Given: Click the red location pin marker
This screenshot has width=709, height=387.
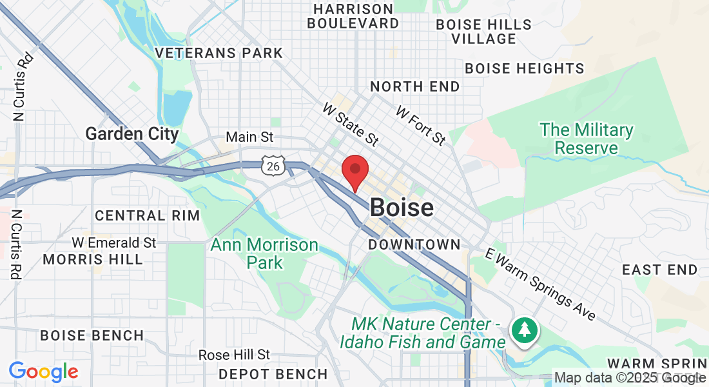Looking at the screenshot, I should pyautogui.click(x=354, y=170).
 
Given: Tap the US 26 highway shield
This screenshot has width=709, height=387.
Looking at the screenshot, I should pyautogui.click(x=273, y=166).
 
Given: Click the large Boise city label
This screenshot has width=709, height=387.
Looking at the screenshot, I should pyautogui.click(x=402, y=208).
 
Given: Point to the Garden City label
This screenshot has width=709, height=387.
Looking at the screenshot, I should pyautogui.click(x=132, y=134).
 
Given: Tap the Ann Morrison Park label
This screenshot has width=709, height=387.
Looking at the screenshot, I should pyautogui.click(x=265, y=253).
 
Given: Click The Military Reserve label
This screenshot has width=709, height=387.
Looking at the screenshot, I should pyautogui.click(x=587, y=139).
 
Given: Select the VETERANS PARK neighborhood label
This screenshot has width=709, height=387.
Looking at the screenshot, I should pyautogui.click(x=220, y=53).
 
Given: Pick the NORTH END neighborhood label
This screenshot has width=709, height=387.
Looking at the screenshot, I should pyautogui.click(x=415, y=86).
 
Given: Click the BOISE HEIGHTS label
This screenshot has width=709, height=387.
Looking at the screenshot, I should pyautogui.click(x=525, y=68).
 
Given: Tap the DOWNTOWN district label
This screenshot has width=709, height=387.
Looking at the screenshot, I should pyautogui.click(x=414, y=244).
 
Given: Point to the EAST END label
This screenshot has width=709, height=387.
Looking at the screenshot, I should pyautogui.click(x=659, y=270).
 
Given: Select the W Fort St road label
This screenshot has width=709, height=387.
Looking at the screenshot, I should pyautogui.click(x=421, y=126).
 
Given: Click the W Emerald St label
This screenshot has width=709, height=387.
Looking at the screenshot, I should pyautogui.click(x=114, y=243).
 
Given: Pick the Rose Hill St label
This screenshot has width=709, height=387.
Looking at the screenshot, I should pyautogui.click(x=234, y=355).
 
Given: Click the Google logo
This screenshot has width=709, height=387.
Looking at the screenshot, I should pyautogui.click(x=43, y=372).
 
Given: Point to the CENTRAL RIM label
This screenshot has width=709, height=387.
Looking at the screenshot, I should pyautogui.click(x=148, y=215).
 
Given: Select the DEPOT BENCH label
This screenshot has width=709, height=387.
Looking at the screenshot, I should pyautogui.click(x=273, y=374).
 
